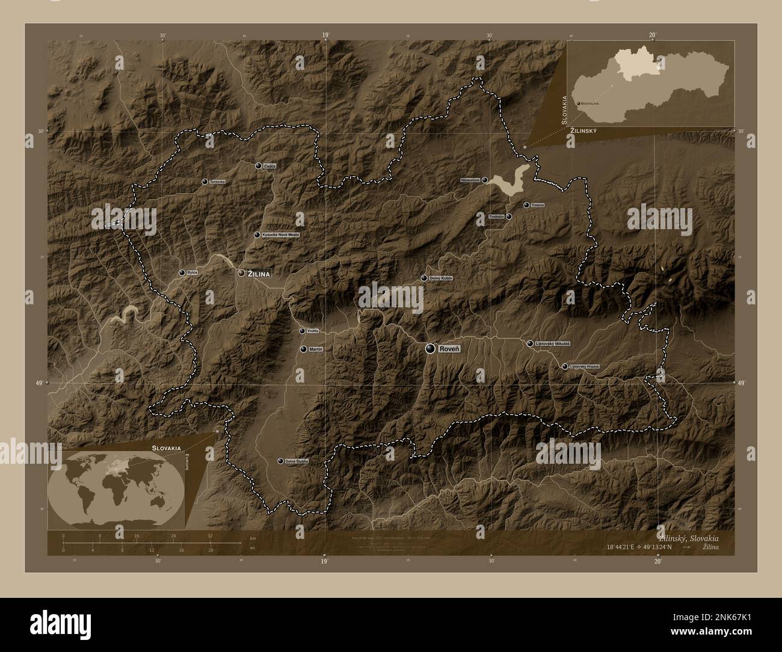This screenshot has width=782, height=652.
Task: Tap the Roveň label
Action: click(449, 349)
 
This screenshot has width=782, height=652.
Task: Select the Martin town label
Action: click(316, 349)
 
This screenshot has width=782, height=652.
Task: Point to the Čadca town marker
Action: click(258, 165)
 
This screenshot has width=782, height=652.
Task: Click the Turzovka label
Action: click(217, 181)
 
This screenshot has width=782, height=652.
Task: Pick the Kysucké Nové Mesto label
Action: click(281, 235)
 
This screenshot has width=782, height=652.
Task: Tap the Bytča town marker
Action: click(182, 272)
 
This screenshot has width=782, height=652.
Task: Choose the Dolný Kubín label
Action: click(441, 278)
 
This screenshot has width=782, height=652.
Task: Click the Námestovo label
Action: click(470, 179)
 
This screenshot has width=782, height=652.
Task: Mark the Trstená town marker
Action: click(526, 205)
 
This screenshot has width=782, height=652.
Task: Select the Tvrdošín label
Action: click(496, 217)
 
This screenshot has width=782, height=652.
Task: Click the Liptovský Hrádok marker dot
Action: click(564, 366)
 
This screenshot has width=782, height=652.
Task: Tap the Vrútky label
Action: click(313, 331)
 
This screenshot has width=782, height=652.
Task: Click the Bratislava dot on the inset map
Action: click(578, 104)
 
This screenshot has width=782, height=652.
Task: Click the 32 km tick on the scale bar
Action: click(210, 543)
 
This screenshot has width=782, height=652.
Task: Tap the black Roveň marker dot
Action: click(430, 349)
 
